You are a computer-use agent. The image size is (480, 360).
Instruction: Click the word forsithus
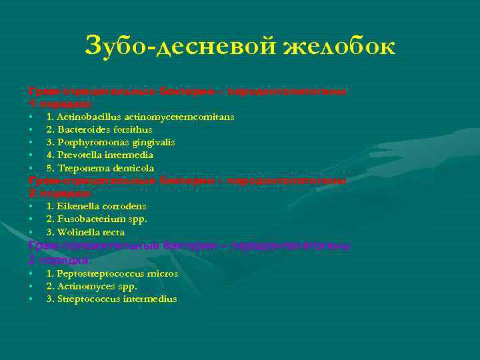point(131,129)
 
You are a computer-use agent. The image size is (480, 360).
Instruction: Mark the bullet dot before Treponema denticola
point(31,168)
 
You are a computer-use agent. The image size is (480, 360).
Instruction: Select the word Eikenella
point(78,206)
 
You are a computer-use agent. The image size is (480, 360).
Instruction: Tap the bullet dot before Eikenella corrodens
point(31,206)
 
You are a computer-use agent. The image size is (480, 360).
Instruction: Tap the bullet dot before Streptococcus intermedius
point(31,299)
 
